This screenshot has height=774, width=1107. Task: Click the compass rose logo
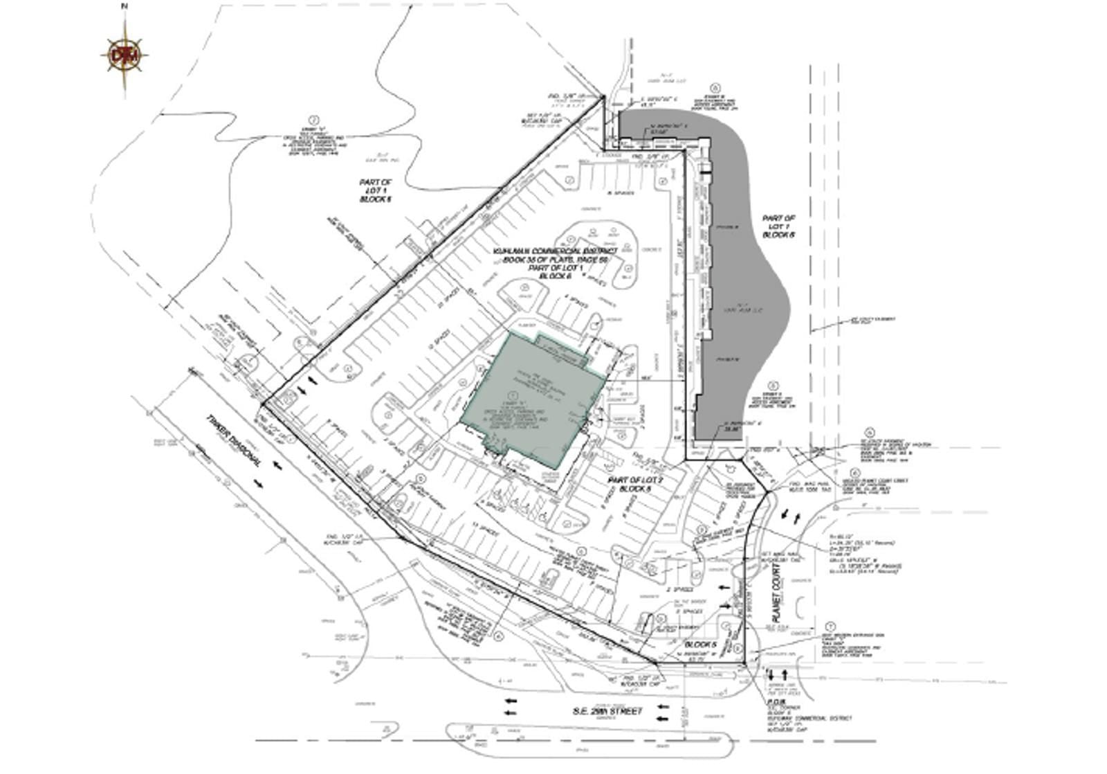click(x=125, y=55)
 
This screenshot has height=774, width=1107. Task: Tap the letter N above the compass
click(x=125, y=6)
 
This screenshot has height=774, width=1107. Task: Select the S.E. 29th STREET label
click(x=607, y=711)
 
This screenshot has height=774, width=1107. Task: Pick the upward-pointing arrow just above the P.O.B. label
click(x=785, y=674)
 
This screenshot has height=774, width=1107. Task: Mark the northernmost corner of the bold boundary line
click(x=603, y=97)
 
